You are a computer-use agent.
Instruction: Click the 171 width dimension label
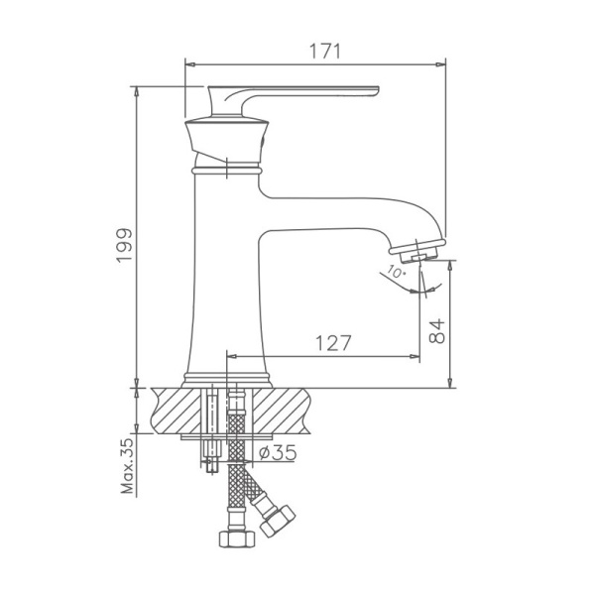(315, 50)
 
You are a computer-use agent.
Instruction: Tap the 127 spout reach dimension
(333, 343)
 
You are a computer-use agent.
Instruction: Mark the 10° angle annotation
(397, 271)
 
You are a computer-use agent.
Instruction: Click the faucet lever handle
(297, 93)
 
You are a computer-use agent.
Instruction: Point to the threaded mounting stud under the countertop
(210, 436)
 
